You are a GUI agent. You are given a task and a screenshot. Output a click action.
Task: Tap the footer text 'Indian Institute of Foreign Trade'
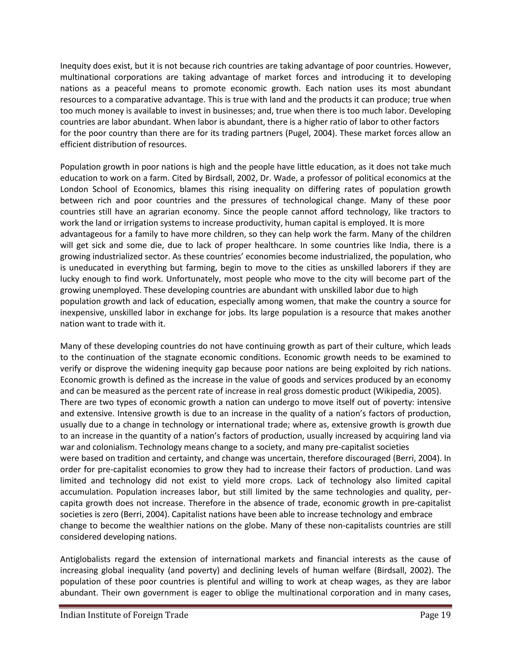click(x=124, y=615)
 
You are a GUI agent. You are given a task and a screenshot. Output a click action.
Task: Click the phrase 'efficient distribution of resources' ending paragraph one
click(x=123, y=144)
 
